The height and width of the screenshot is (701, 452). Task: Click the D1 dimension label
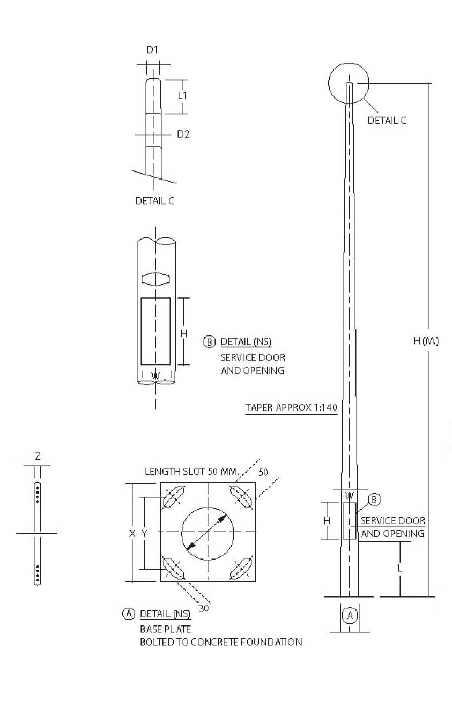(x=153, y=50)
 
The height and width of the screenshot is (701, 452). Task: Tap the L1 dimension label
(x=182, y=95)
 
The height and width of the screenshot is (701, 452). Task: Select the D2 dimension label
(x=183, y=134)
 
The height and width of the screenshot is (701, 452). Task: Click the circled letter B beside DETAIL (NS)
(x=209, y=342)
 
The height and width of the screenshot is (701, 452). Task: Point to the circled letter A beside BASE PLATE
(x=128, y=614)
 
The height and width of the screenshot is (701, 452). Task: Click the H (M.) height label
(x=426, y=341)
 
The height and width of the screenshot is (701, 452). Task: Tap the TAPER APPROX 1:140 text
(x=291, y=408)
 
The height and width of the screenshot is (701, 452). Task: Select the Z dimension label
(x=37, y=457)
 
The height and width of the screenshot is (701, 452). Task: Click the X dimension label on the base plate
(x=132, y=533)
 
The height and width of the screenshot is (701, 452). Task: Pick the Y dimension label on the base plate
(x=144, y=533)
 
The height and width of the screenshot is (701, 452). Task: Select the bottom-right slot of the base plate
(x=241, y=568)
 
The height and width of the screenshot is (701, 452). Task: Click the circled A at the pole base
(x=350, y=615)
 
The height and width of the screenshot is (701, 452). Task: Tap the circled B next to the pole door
(x=375, y=500)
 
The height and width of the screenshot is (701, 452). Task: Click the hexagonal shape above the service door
(x=155, y=279)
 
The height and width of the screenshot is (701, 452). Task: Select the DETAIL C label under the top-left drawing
(x=154, y=202)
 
